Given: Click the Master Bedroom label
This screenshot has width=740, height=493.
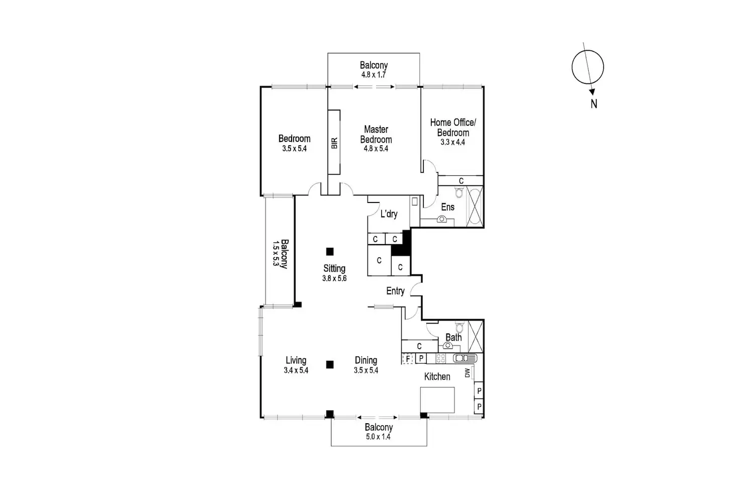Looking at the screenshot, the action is point(376,135).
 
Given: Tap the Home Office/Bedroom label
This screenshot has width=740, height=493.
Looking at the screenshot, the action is point(453,127).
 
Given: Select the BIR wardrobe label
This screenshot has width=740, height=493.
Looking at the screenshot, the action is point(334,143).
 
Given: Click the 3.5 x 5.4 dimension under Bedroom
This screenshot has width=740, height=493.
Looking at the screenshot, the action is point(295,149).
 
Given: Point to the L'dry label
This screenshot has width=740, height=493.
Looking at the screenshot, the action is point(389,214).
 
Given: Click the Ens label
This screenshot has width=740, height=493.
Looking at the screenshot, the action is point(447,207).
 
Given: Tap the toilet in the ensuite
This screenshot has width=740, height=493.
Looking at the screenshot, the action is point(458,192).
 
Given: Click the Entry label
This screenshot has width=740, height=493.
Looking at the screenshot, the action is point(395,291).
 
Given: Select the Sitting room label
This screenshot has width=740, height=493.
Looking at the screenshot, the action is point(334,268).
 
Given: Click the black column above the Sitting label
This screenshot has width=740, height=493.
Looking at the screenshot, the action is point(330,251).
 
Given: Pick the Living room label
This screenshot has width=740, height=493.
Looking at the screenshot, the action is point(296,360).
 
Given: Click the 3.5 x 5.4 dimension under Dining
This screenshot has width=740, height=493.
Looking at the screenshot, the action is point(366,370).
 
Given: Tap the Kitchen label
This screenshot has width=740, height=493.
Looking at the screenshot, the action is point(437,376).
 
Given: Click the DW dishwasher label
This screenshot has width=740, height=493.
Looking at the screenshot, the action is point(467,373).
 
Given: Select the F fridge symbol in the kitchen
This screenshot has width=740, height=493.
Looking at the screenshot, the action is point(408,358).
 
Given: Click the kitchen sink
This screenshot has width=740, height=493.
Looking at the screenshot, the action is point(465,358).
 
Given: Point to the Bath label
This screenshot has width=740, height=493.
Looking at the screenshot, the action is point(453,337).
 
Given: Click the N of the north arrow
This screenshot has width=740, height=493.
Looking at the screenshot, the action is point(594,104).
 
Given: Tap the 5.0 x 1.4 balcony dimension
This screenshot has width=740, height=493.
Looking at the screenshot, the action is point(379,437).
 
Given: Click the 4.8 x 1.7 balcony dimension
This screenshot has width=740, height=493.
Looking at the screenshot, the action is point(374,74).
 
